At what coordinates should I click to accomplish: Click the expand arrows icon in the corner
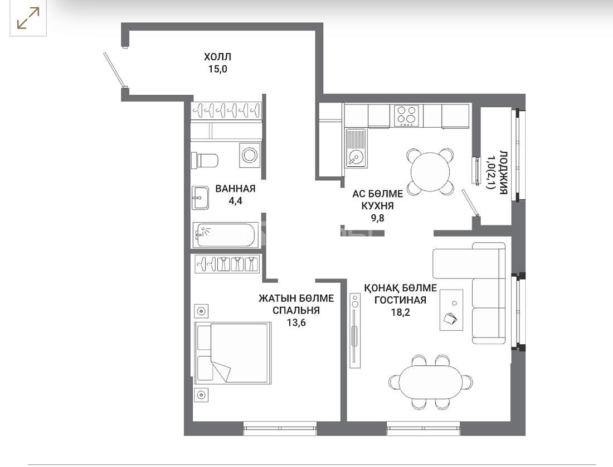pos(28,18)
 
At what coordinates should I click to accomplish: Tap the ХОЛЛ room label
pos(217,57)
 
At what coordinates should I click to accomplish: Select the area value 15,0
pos(218,69)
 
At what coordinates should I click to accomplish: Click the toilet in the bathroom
pos(205,160)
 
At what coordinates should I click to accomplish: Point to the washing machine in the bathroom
pos(250,155)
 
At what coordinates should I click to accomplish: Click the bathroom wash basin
pos(200,198)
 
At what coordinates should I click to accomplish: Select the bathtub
pos(226,235)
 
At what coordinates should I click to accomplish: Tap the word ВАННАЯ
pos(235,189)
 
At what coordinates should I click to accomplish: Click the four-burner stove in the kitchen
pos(406,116)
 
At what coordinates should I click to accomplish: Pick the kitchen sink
pos(356,148)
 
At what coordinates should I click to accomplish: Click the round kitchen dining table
pos(430,171)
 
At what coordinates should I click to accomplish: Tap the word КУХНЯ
pos(377,206)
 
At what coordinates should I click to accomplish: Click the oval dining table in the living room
pos(430,382)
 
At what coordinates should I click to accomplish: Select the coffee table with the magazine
pos(451,310)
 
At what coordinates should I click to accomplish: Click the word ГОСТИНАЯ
pos(400,300)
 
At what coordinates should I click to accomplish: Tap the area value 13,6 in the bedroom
pos(296,322)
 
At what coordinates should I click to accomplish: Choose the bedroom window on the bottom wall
pos(280,428)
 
